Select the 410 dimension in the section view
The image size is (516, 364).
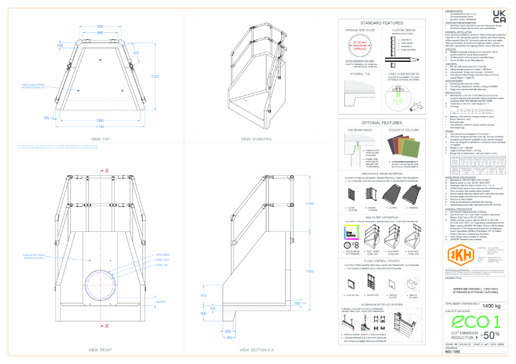click(204, 295)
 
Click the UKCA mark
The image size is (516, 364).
click(499, 16)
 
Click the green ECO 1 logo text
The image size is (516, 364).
click(473, 322)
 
